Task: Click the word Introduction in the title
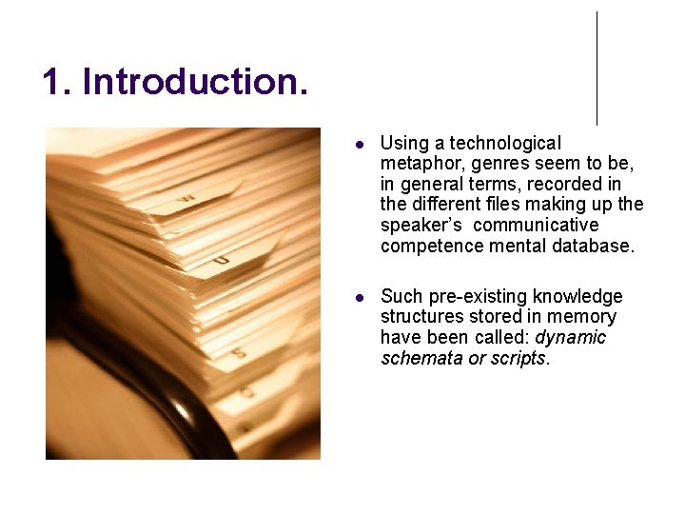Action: pos(195,82)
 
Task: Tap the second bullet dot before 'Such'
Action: pos(360,298)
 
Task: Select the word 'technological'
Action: pos(505,143)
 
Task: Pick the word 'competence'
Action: pos(425,246)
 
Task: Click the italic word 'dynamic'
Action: pos(571,338)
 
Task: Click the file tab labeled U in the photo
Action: pos(221,259)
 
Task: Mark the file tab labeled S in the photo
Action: pos(239,353)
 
